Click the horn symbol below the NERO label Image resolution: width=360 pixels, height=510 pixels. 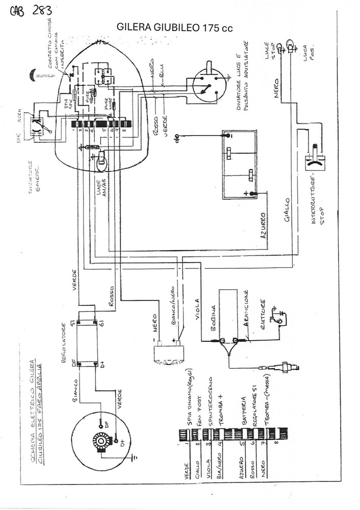point(164,352)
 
